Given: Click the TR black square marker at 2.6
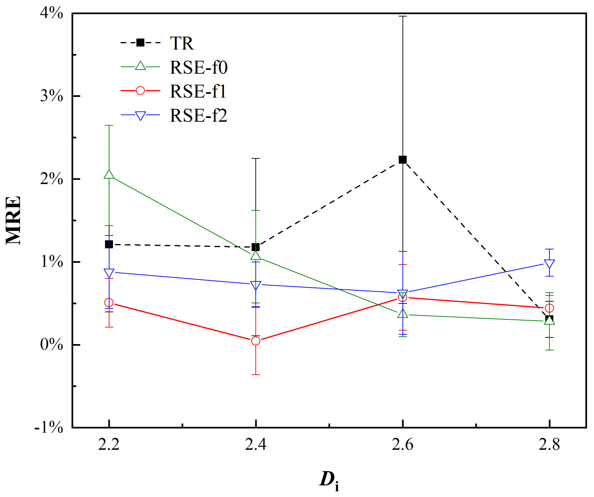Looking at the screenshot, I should coord(403,160).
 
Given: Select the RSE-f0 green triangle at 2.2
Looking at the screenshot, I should coord(109,175).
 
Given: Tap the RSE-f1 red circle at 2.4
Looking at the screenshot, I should coord(256,341).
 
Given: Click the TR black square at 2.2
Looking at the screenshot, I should coord(109,244).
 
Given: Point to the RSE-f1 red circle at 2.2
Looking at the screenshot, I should coord(109,303).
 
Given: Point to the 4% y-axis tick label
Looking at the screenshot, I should coord(52,13).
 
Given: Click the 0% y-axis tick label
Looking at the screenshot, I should coord(52,344).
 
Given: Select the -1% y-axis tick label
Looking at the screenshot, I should coord(49,427).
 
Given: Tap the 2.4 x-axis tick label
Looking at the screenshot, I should coord(255,444).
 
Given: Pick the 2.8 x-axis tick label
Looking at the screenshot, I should coord(549,444).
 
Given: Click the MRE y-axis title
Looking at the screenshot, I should coord(13,221).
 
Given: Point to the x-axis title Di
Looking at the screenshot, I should coord(329,480).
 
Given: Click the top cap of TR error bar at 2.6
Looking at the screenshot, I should coord(403,16).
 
